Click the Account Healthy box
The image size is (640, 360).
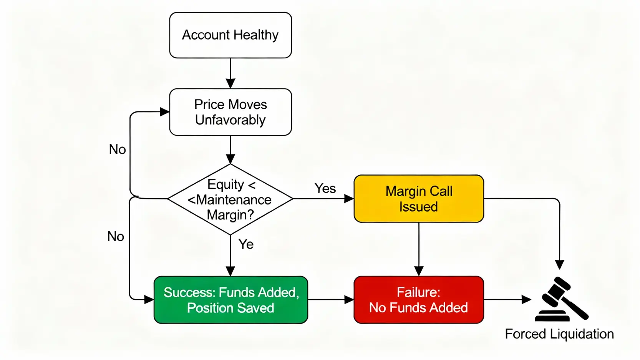(x=230, y=35)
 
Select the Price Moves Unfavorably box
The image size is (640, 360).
(x=230, y=112)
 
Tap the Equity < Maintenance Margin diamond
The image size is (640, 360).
(x=230, y=199)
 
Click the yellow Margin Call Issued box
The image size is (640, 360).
(x=419, y=199)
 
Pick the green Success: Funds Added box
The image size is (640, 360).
(x=230, y=300)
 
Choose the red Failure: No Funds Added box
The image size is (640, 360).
(x=419, y=300)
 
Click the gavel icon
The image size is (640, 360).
(x=562, y=299)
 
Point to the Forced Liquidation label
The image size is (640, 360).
(x=559, y=334)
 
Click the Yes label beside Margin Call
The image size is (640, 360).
(x=325, y=188)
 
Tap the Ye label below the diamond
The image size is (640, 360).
(x=246, y=244)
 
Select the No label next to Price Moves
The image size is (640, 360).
(x=117, y=149)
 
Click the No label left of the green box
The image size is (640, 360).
(x=116, y=236)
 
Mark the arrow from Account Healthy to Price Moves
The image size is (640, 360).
(x=230, y=73)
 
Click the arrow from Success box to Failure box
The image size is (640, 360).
(x=330, y=300)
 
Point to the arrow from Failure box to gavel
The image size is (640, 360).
(x=507, y=300)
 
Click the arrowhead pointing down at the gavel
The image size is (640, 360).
(x=560, y=264)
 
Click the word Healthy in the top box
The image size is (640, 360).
(x=256, y=35)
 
